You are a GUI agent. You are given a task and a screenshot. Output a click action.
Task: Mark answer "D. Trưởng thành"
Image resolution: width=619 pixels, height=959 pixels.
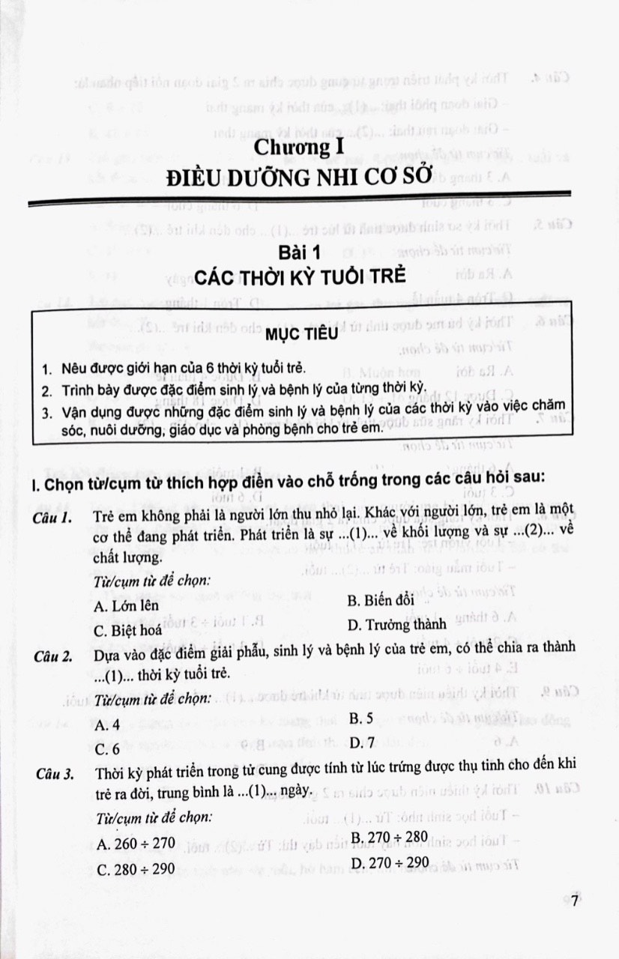click(x=397, y=623)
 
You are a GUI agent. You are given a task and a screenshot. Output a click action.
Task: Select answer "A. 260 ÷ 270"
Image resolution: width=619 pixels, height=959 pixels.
click(x=136, y=844)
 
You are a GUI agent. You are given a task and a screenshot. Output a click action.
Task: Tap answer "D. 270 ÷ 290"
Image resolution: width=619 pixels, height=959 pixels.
click(x=390, y=863)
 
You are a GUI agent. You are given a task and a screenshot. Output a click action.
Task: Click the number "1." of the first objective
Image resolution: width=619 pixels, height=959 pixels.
click(x=47, y=370)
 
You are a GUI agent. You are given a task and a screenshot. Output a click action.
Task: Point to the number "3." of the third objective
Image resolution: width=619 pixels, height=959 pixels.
click(x=47, y=411)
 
